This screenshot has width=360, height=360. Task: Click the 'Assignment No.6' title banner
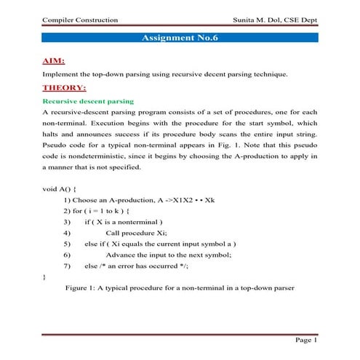180,39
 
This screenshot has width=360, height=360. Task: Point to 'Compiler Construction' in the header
81,19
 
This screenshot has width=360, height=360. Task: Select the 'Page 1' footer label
305,340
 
